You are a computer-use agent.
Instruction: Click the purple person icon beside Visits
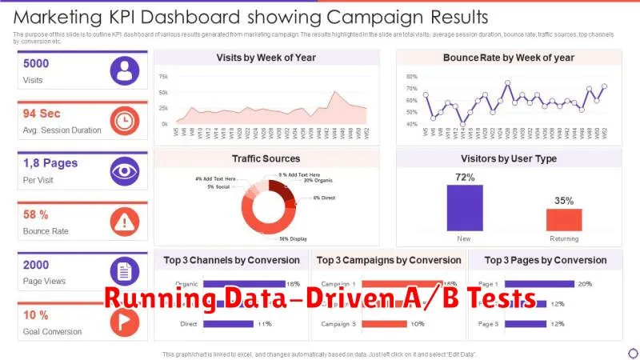click(124, 70)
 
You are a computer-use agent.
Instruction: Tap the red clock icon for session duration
click(124, 121)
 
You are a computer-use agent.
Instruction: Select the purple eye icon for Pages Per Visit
click(124, 170)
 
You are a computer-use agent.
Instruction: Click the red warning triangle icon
click(124, 221)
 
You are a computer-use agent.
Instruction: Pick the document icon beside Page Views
click(124, 271)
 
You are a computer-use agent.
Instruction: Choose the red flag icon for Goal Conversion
click(124, 322)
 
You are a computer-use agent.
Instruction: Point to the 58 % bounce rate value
click(36, 214)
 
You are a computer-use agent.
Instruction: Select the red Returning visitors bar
click(564, 220)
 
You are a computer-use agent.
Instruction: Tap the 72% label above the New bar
click(465, 177)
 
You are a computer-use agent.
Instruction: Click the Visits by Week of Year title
click(266, 58)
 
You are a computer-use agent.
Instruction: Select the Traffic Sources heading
click(266, 158)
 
